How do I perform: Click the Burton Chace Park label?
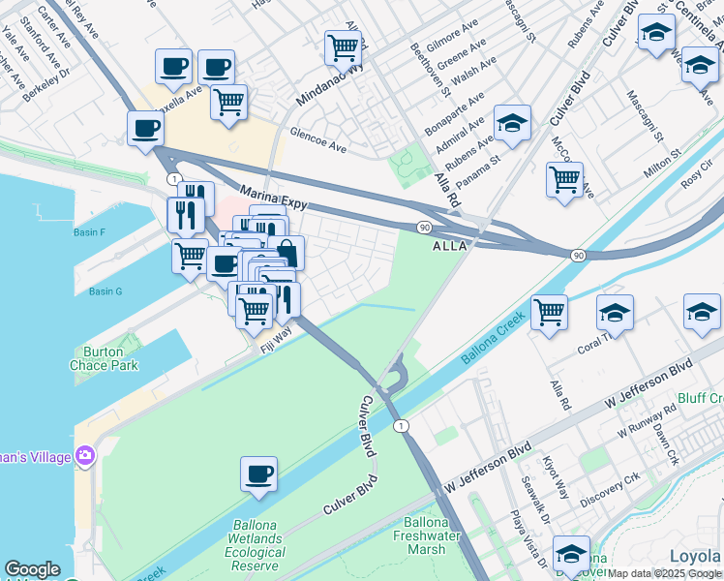(x=104, y=358)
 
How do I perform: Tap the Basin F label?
(x=89, y=232)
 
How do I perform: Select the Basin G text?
(x=106, y=291)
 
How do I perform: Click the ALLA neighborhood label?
(x=449, y=246)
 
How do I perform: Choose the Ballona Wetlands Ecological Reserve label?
(x=256, y=546)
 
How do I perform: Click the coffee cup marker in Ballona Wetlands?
(x=258, y=474)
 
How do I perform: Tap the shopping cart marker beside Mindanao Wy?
(x=343, y=46)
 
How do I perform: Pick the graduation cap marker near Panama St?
(x=512, y=122)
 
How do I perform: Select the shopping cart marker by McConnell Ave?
(x=564, y=178)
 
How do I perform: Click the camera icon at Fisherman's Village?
(x=84, y=455)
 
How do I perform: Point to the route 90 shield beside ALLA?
(x=424, y=227)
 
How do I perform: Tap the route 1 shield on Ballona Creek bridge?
(x=398, y=426)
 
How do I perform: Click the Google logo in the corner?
(x=32, y=570)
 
